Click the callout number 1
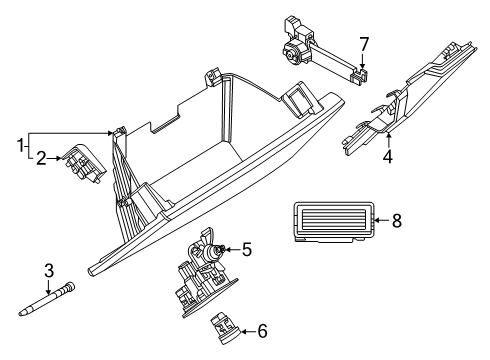point(21,145)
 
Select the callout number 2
point(41,159)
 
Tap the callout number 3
point(49,271)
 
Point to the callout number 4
point(388,156)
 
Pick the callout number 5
point(247,250)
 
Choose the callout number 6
point(263,331)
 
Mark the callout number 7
point(364,44)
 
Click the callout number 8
point(397,221)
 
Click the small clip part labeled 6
point(225,328)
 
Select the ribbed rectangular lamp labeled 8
point(332,221)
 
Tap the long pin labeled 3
point(47,299)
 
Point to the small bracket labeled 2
point(84,164)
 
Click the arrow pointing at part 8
point(382,220)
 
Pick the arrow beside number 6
point(248,331)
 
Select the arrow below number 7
point(363,62)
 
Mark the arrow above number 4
point(388,140)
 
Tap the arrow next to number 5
point(232,249)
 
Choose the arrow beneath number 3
point(49,287)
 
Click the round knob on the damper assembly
point(292,52)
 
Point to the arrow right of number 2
point(54,159)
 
